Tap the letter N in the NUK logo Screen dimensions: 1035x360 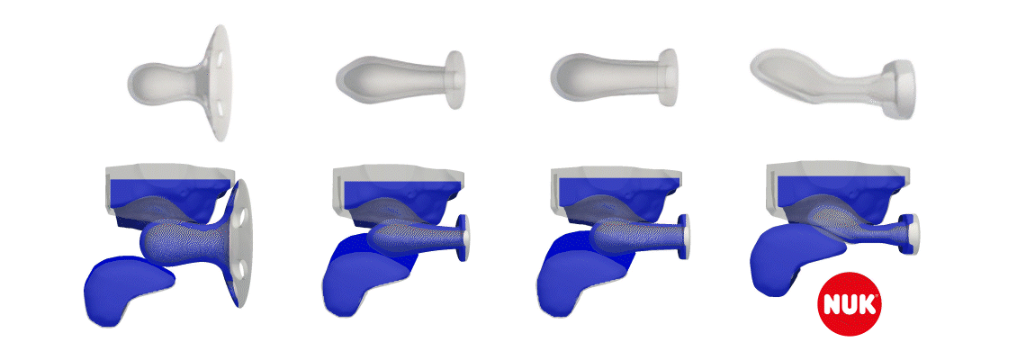831,304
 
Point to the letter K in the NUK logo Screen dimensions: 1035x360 868,304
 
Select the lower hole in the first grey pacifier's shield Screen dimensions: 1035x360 218,104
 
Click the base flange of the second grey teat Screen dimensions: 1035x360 455,79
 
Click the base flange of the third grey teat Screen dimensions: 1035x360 668,77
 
